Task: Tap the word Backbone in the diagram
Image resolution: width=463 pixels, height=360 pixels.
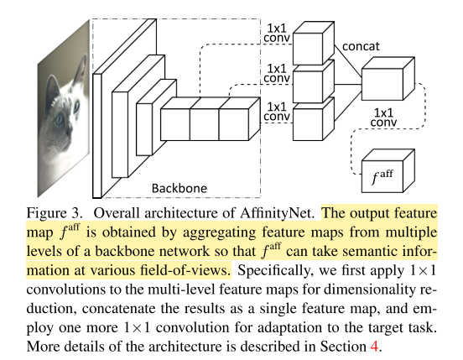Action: [x=178, y=185]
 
